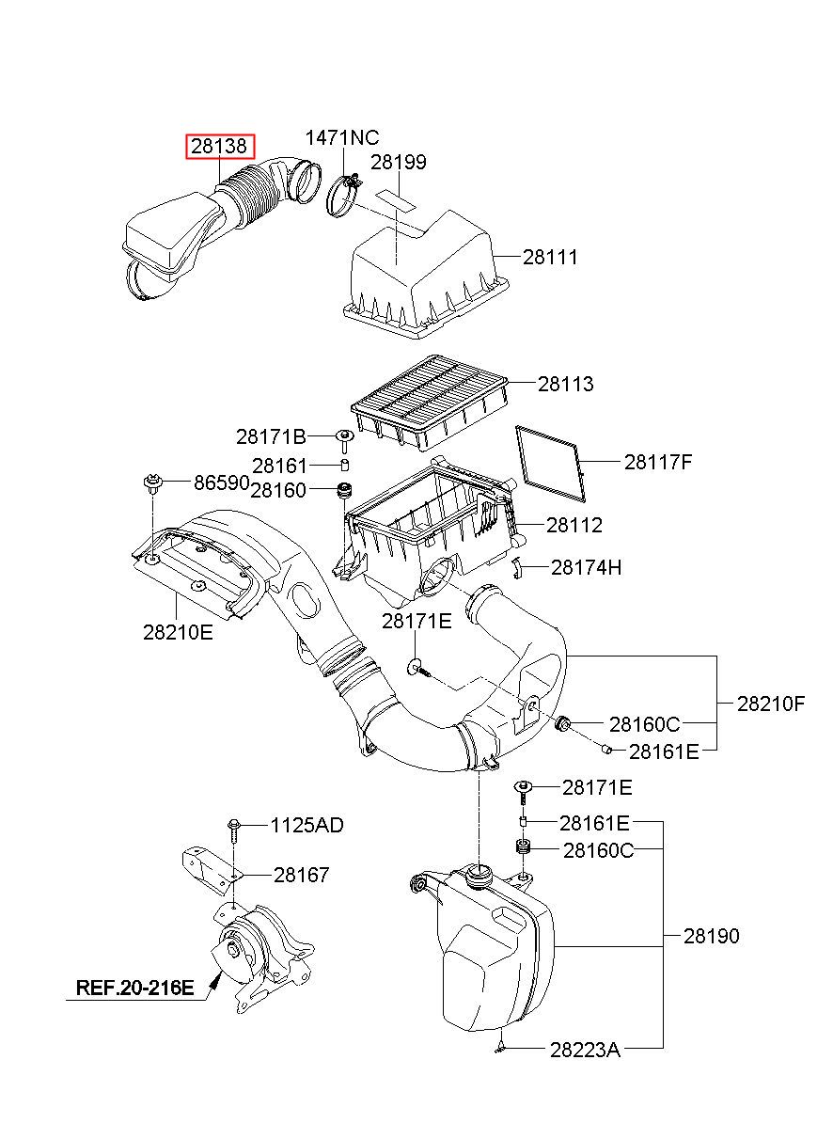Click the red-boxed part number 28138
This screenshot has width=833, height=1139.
[220, 147]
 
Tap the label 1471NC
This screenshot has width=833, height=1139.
[342, 137]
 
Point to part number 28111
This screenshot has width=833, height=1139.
[550, 258]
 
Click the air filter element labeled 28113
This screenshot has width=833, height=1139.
[430, 402]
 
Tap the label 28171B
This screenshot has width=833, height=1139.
[271, 436]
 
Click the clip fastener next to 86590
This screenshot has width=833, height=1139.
[151, 483]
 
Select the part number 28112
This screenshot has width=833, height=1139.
[574, 525]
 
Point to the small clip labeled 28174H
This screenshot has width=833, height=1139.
[517, 567]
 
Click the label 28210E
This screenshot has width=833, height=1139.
[178, 633]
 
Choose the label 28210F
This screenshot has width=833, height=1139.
[771, 704]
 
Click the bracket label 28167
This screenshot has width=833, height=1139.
[302, 875]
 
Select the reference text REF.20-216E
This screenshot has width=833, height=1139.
[134, 988]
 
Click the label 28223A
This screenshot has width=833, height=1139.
[585, 1050]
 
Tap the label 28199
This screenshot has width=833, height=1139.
[399, 163]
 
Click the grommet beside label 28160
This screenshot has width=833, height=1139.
[345, 491]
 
